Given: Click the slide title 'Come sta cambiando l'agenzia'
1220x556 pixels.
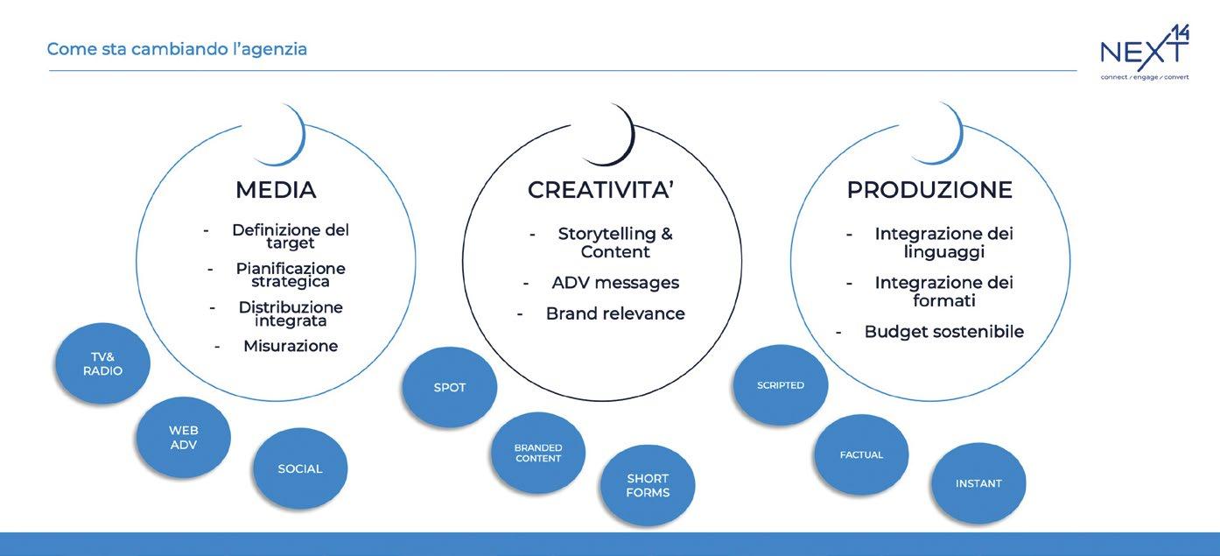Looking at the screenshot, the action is click(177, 49).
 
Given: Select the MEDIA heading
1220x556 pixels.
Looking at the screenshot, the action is click(276, 190).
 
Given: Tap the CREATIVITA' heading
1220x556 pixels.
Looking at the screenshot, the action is click(600, 190).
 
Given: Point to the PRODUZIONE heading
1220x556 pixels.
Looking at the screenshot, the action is click(929, 190).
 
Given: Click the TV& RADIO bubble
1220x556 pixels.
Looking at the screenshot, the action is click(102, 363).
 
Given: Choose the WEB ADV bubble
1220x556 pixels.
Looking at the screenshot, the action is click(184, 437).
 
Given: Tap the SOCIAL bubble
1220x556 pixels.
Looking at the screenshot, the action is click(300, 468).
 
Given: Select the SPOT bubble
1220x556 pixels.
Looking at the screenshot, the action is click(450, 387).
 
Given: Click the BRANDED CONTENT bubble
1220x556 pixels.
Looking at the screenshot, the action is click(538, 453).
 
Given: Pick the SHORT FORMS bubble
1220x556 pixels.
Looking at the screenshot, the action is click(648, 485).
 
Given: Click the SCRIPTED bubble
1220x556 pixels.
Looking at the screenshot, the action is click(781, 385).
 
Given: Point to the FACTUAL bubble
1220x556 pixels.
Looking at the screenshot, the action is click(861, 454).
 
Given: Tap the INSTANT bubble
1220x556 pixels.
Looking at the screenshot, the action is click(978, 483).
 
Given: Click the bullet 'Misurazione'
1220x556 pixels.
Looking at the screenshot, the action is click(291, 346).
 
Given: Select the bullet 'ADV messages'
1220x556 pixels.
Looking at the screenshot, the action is click(615, 283).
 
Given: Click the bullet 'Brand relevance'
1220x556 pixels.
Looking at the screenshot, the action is click(615, 313).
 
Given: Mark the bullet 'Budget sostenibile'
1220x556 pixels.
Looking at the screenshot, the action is click(943, 332).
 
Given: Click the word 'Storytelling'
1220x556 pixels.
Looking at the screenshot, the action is click(606, 234).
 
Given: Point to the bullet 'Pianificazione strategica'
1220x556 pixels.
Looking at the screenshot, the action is click(291, 275).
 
